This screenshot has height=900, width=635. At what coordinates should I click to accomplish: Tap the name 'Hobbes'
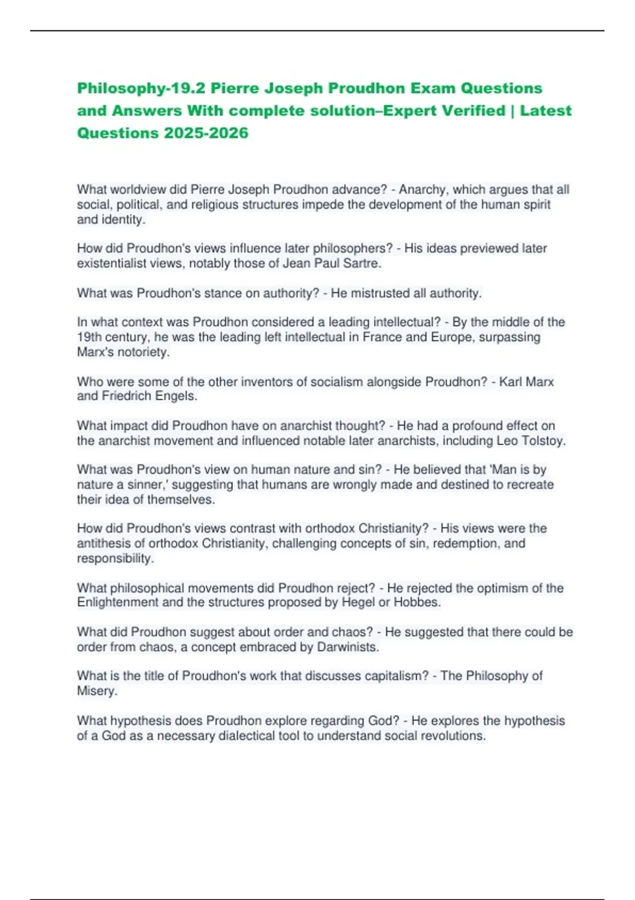420,602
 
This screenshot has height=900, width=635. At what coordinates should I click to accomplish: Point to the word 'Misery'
96,691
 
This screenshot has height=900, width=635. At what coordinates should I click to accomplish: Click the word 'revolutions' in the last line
452,736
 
